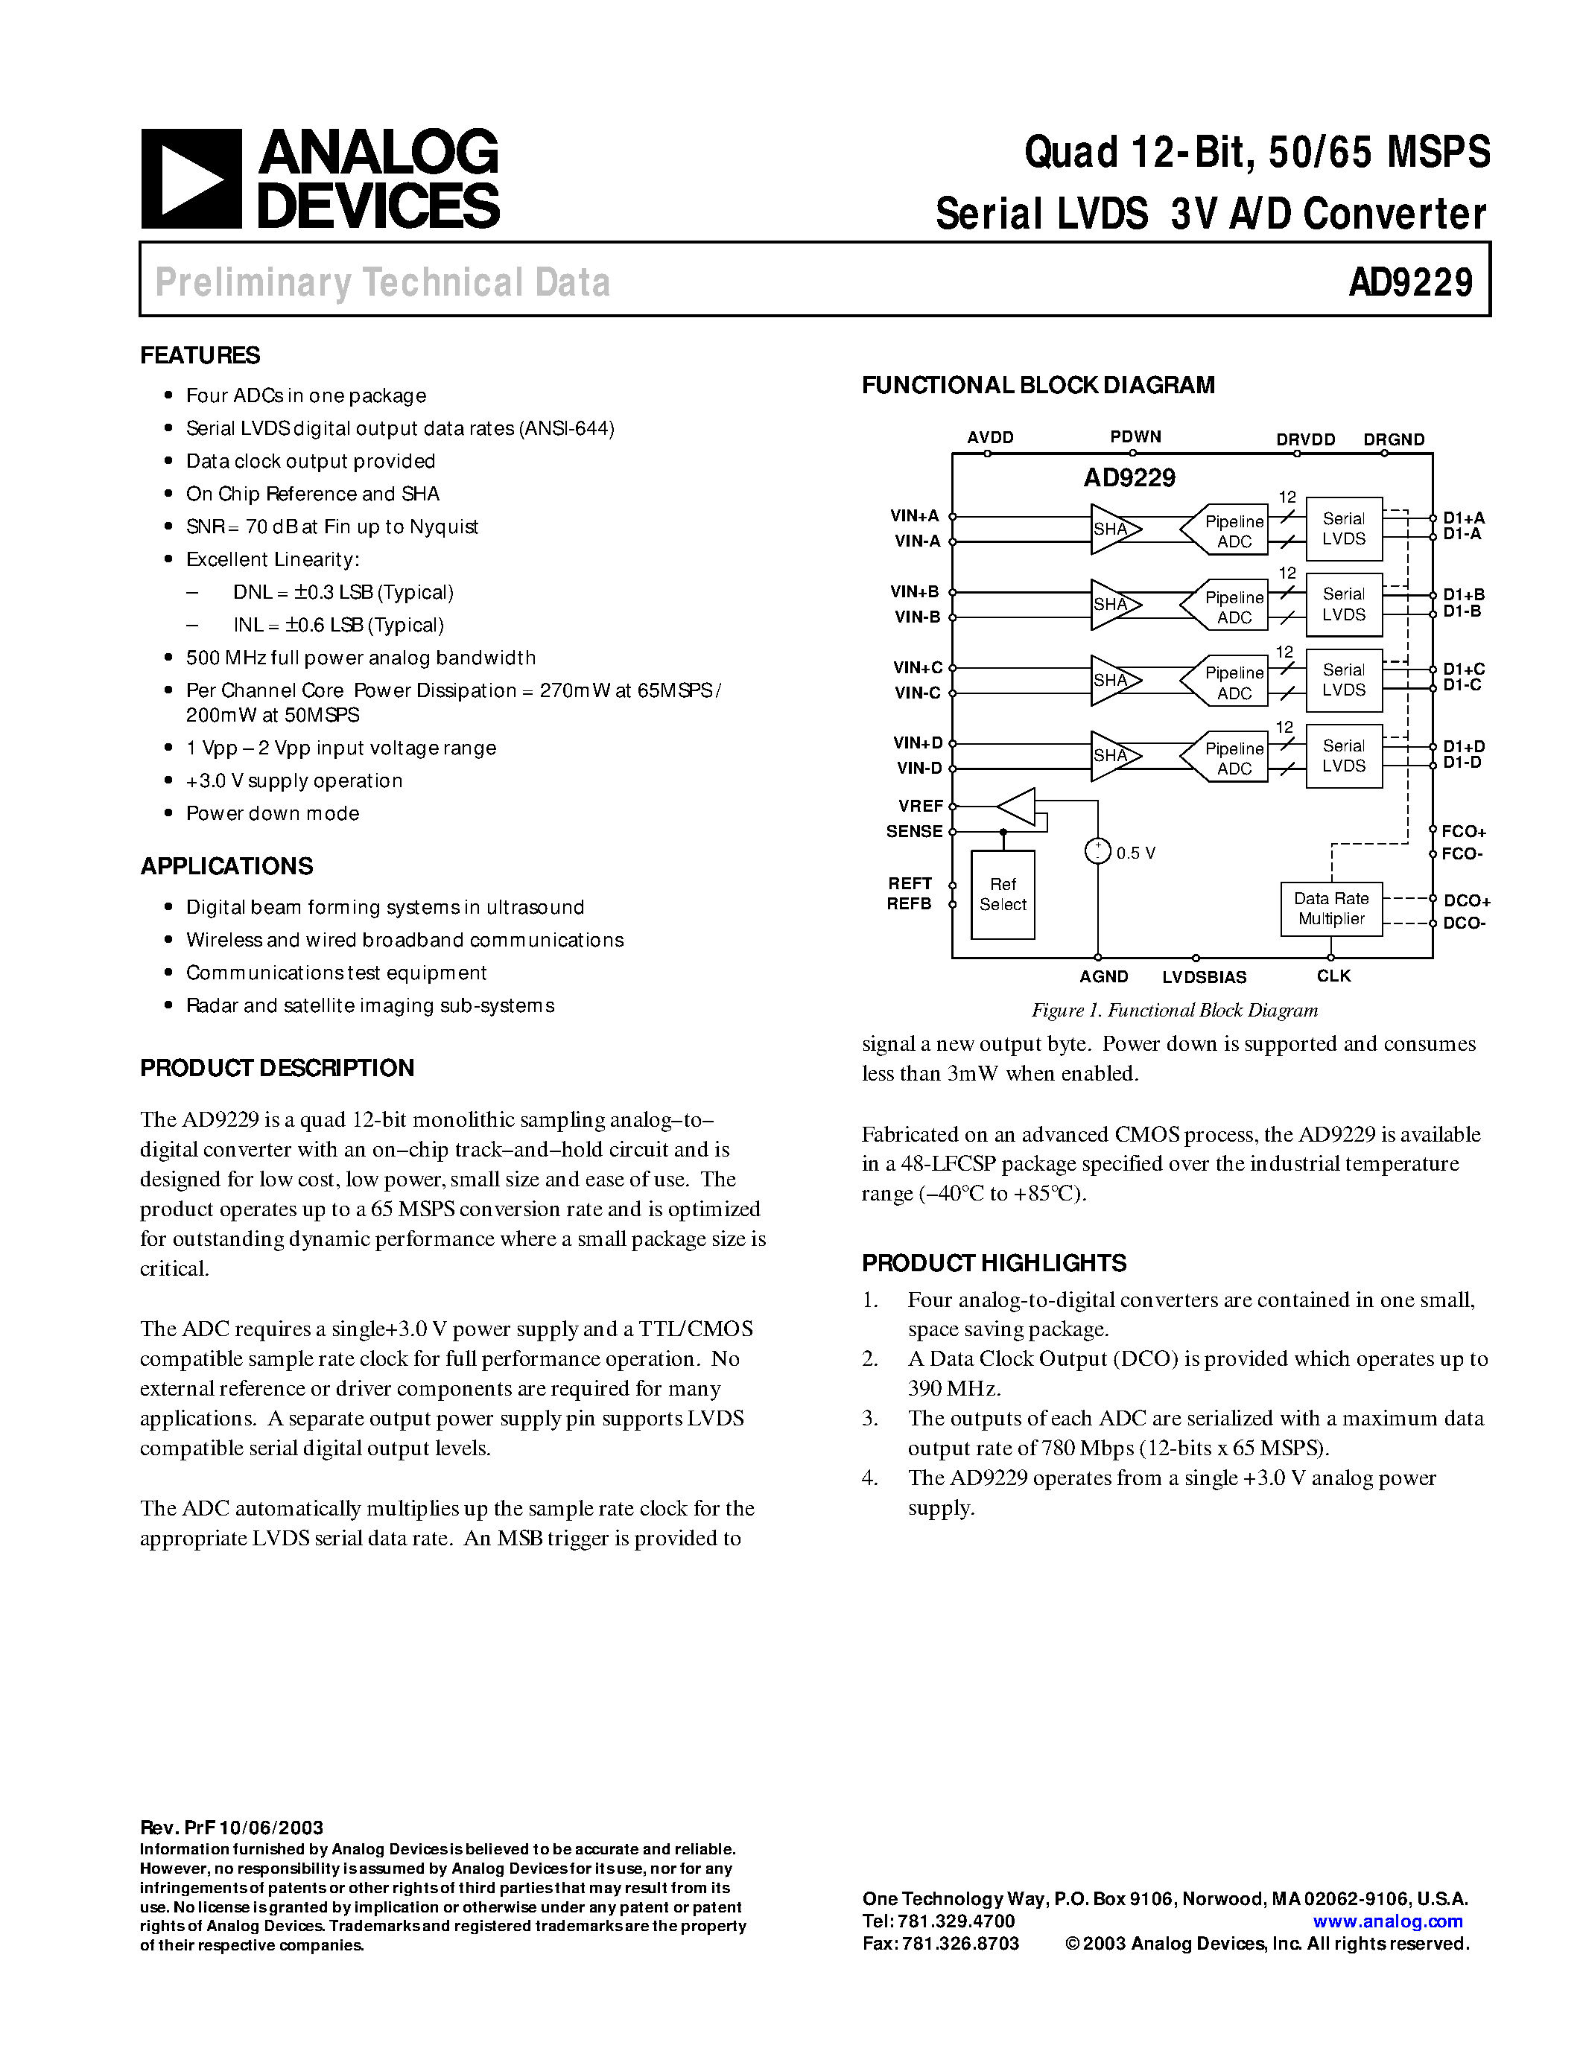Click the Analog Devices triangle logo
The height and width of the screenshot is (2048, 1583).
click(191, 178)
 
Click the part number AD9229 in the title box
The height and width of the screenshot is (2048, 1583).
click(1409, 282)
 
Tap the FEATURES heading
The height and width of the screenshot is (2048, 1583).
click(200, 355)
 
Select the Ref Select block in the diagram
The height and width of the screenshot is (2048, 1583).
click(1003, 894)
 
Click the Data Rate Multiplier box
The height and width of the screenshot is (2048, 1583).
click(1330, 909)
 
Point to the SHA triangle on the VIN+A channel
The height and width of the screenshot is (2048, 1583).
click(1113, 529)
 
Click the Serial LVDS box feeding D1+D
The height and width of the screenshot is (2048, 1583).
click(1343, 756)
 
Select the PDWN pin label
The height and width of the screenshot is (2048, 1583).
click(1135, 437)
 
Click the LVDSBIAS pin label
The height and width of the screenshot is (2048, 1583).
click(1203, 977)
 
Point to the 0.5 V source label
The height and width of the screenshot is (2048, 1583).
click(1136, 853)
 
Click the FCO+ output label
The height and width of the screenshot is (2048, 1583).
click(1463, 832)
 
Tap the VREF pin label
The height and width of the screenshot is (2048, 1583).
click(920, 806)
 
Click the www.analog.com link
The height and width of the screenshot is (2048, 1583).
click(1387, 1921)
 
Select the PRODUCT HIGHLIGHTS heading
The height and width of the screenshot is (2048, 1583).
click(993, 1263)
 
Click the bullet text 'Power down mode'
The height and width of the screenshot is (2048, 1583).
click(272, 813)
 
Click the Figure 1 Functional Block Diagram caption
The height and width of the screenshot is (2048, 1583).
click(1174, 1010)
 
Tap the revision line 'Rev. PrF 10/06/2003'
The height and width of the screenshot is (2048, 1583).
click(232, 1828)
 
